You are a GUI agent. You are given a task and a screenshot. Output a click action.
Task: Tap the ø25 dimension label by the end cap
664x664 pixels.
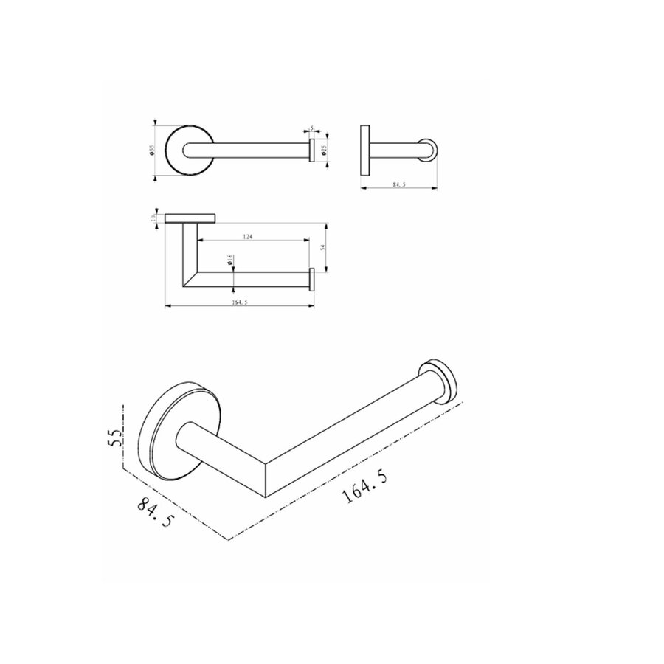pos(323,149)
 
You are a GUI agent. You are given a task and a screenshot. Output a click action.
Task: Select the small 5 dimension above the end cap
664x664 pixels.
pos(312,129)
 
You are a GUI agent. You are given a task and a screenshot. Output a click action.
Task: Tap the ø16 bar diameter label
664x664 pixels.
pos(230,260)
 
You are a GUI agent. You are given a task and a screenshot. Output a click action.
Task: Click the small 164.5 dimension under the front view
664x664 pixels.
pos(238,301)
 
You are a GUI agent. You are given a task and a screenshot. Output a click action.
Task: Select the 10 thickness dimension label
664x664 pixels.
pos(153,218)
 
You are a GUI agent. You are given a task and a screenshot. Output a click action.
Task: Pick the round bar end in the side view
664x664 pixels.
pos(428,151)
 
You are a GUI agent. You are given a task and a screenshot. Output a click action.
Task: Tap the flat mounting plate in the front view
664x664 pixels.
pos(190,218)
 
